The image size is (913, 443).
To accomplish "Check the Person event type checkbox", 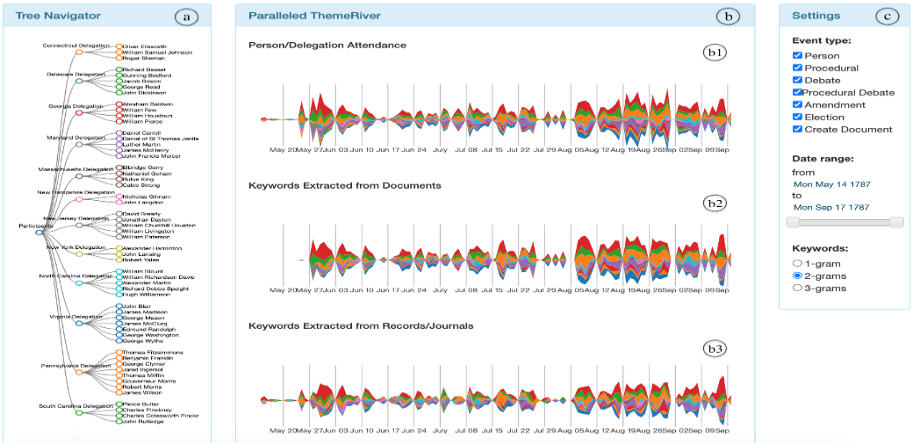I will tap(797, 55).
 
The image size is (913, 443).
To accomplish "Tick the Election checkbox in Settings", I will tap(797, 117).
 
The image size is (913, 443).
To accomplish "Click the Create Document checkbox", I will tap(797, 129).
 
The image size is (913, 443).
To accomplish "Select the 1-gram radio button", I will tap(797, 262).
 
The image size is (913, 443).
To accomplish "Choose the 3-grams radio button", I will tap(797, 287).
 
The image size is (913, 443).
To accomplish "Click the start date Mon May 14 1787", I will tap(830, 185).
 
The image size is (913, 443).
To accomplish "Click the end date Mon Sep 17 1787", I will tap(830, 207).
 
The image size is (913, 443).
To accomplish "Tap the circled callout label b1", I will tap(716, 52).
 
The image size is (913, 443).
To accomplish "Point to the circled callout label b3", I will tap(716, 348).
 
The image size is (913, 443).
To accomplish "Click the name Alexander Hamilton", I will tap(154, 249).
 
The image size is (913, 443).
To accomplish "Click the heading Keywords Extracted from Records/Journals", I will tap(361, 325).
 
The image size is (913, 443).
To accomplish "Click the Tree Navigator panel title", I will tap(58, 16).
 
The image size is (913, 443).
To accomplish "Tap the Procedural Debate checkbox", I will tap(797, 92).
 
